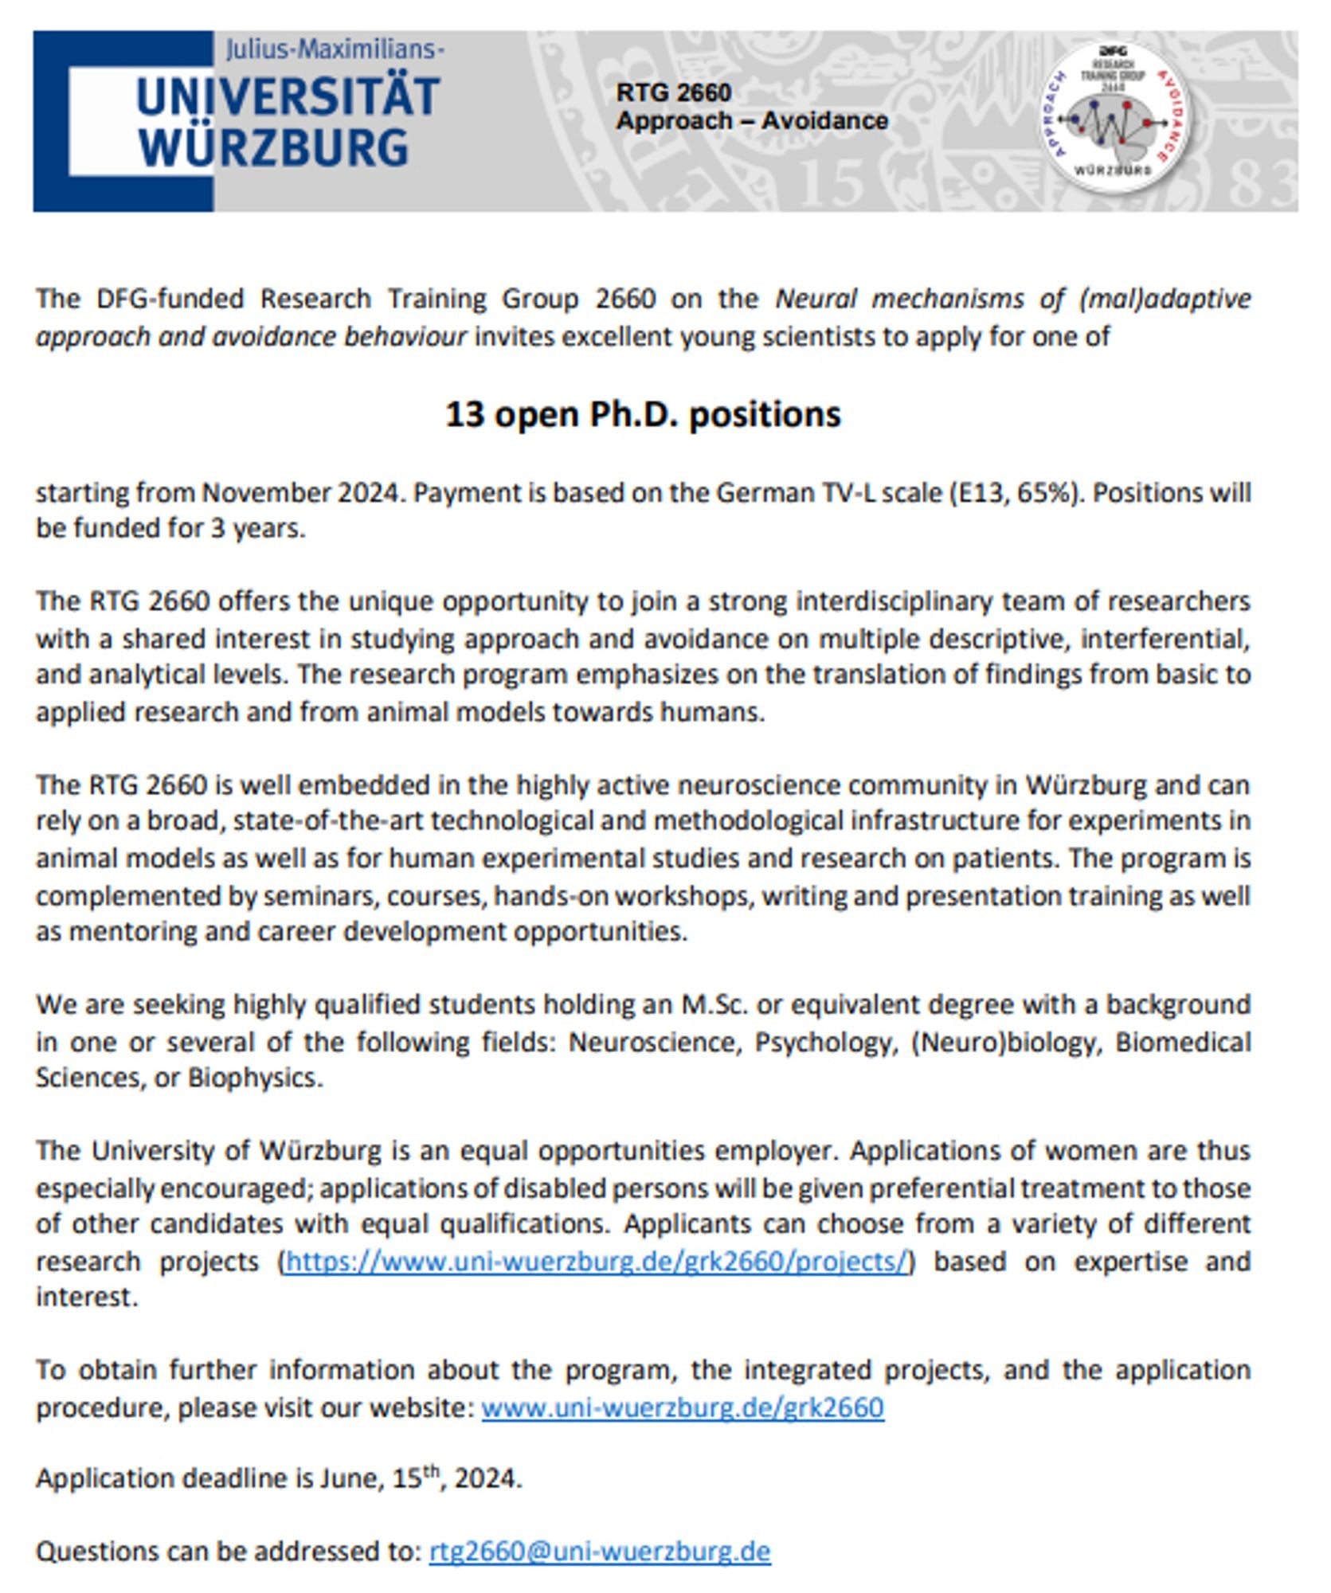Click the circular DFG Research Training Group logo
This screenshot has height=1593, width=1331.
point(1114,117)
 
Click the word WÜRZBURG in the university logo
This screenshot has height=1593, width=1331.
point(272,148)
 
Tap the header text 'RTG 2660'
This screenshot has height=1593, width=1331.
point(673,92)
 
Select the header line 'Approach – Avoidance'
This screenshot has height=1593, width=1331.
point(752,121)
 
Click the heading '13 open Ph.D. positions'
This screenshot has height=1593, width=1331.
point(642,414)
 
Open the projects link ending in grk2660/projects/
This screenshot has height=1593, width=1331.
point(596,1261)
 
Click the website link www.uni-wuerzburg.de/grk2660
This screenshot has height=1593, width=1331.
point(683,1407)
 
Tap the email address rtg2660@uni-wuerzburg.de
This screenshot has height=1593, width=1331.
point(600,1551)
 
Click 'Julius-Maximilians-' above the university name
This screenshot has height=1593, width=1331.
point(335,50)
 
